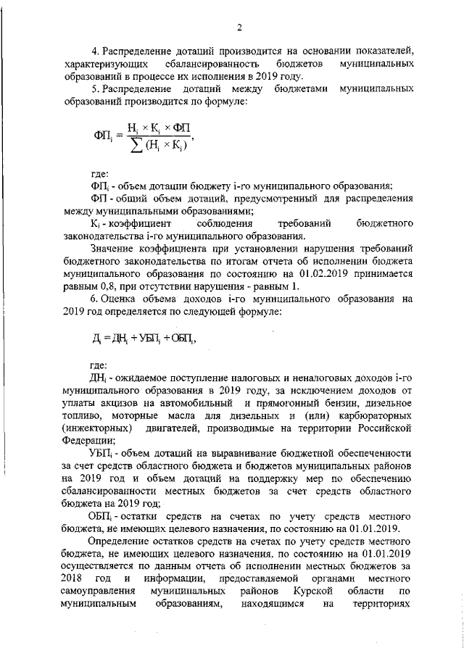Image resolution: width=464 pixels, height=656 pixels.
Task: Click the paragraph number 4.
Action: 93,51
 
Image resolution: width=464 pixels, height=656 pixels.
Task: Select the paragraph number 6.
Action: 93,299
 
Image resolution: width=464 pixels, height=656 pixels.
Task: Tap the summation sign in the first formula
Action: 133,148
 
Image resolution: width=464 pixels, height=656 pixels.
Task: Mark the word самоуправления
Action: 99,591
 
